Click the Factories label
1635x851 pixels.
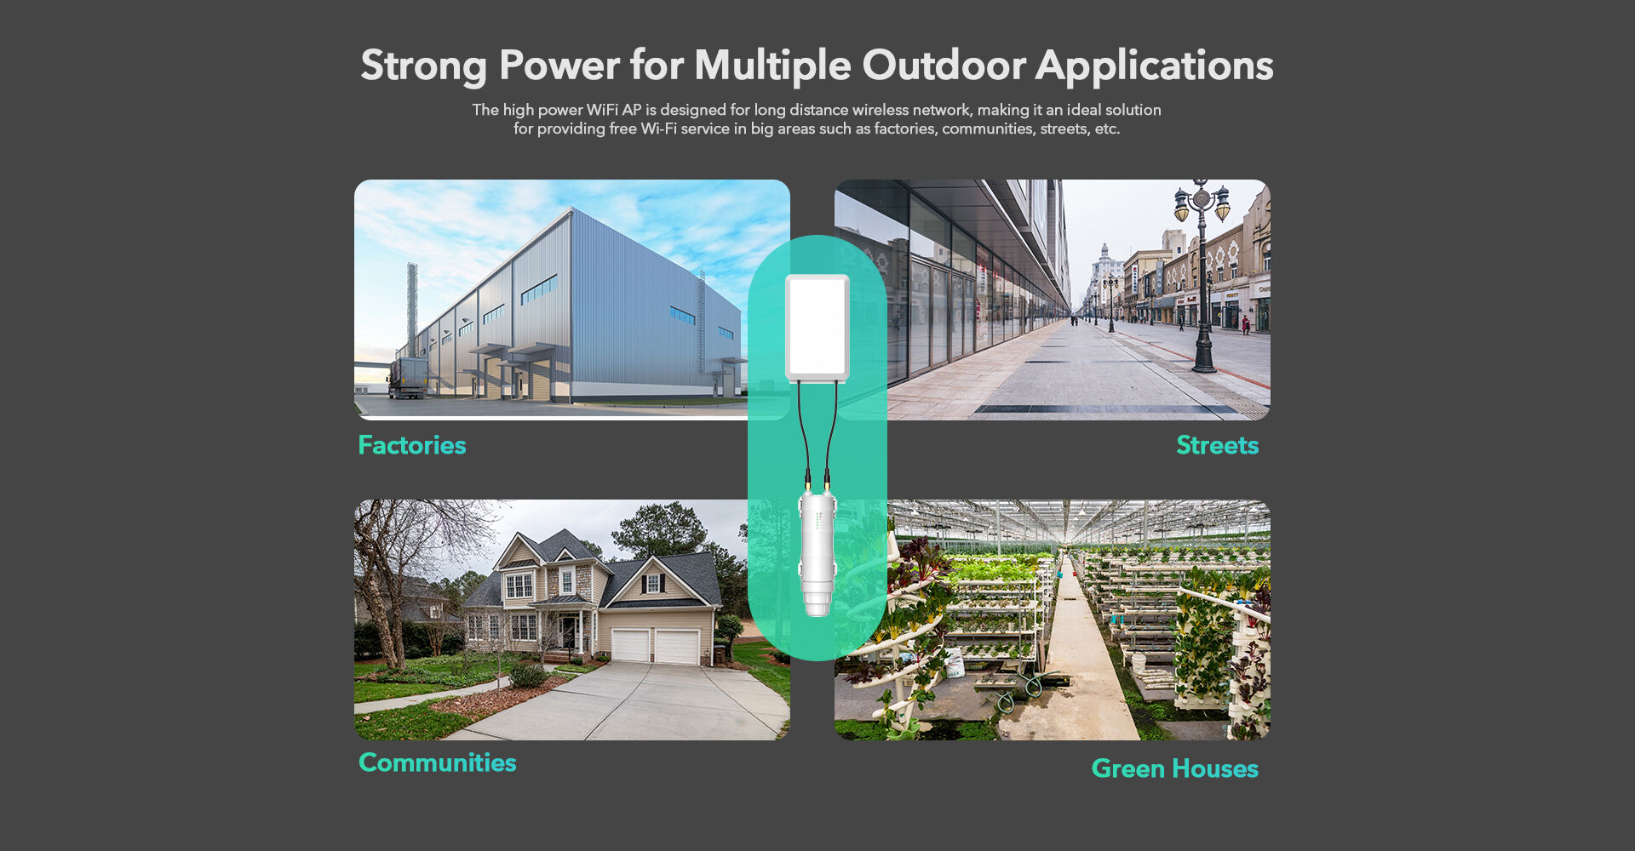tap(412, 445)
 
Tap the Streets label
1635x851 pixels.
tap(1217, 445)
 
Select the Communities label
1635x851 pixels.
tap(438, 762)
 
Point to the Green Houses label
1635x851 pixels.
tap(1174, 768)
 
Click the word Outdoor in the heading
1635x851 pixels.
tap(944, 66)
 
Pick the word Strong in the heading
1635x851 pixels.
tap(423, 66)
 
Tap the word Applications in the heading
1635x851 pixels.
tap(1154, 66)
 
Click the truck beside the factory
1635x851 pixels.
tap(408, 377)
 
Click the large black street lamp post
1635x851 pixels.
tap(1202, 281)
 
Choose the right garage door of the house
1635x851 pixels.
tap(677, 647)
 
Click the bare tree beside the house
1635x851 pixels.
tap(387, 579)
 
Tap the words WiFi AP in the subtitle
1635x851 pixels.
tap(614, 110)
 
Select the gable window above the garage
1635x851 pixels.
tap(653, 584)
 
